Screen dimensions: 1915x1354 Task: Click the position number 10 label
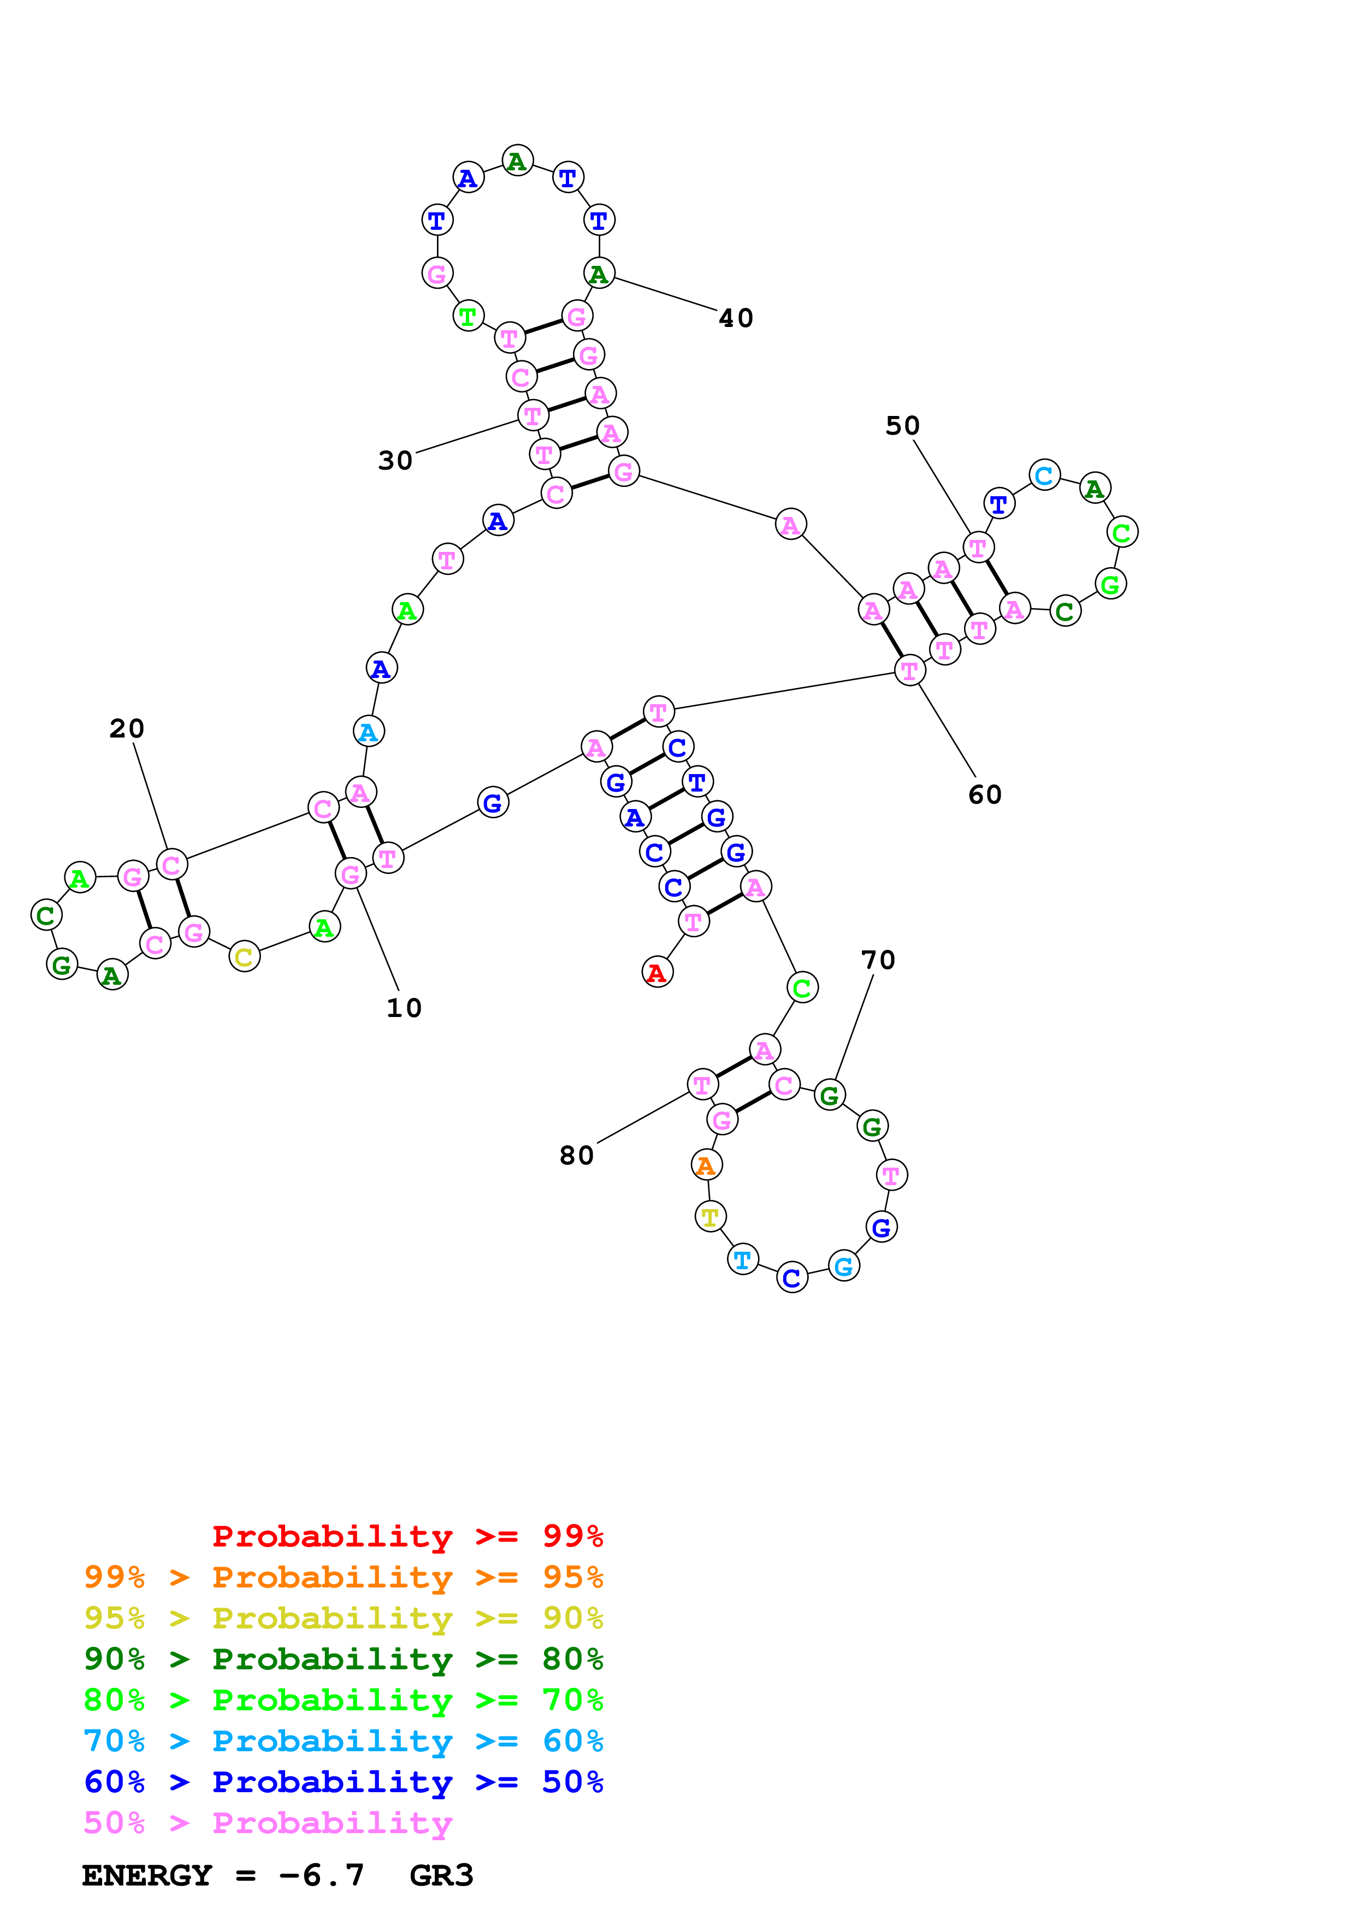click(404, 1008)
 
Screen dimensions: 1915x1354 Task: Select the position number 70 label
click(878, 960)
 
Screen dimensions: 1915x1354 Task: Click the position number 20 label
click(127, 728)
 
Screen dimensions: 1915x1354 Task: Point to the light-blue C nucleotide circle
click(1044, 475)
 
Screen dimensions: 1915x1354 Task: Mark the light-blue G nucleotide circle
click(844, 1265)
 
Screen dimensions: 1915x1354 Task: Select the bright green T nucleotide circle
click(469, 316)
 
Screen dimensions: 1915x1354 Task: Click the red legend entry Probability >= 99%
click(407, 1536)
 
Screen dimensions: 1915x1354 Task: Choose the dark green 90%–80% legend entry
click(343, 1659)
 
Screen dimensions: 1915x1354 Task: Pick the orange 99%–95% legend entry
click(343, 1577)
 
